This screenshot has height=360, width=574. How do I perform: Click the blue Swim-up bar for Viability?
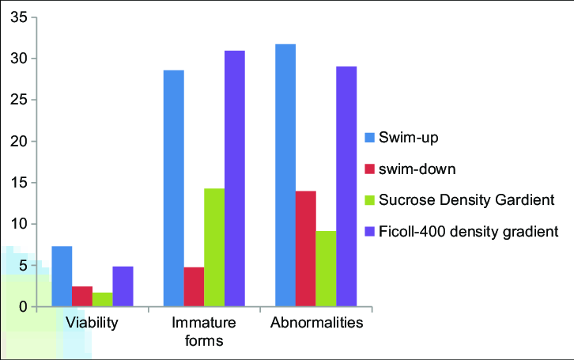tap(62, 276)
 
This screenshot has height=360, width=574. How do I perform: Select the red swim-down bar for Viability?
tap(82, 296)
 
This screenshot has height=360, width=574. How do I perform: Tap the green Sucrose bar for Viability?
tap(103, 299)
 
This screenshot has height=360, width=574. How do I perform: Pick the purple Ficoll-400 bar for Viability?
tap(123, 286)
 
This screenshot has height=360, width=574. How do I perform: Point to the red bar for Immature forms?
tap(194, 286)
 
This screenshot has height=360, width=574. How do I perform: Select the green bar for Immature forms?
tap(214, 247)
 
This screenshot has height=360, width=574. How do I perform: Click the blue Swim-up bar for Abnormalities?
tap(285, 175)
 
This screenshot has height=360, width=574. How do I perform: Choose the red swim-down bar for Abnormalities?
tap(305, 248)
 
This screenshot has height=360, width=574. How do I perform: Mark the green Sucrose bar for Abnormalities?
tap(326, 268)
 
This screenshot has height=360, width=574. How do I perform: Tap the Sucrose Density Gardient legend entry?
tap(462, 200)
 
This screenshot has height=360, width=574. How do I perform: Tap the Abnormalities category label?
tap(317, 324)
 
